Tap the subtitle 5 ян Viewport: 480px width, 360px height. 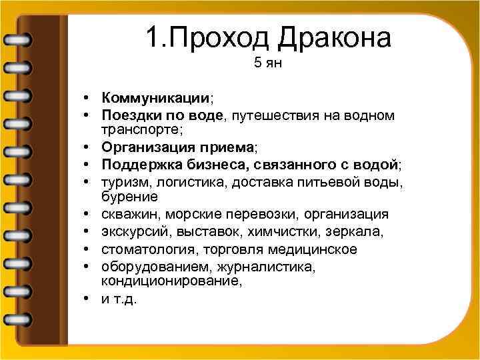point(269,64)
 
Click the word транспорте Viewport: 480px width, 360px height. point(143,128)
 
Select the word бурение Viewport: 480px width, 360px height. point(129,197)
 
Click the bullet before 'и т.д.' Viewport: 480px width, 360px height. point(88,299)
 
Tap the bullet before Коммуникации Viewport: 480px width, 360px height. point(88,99)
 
